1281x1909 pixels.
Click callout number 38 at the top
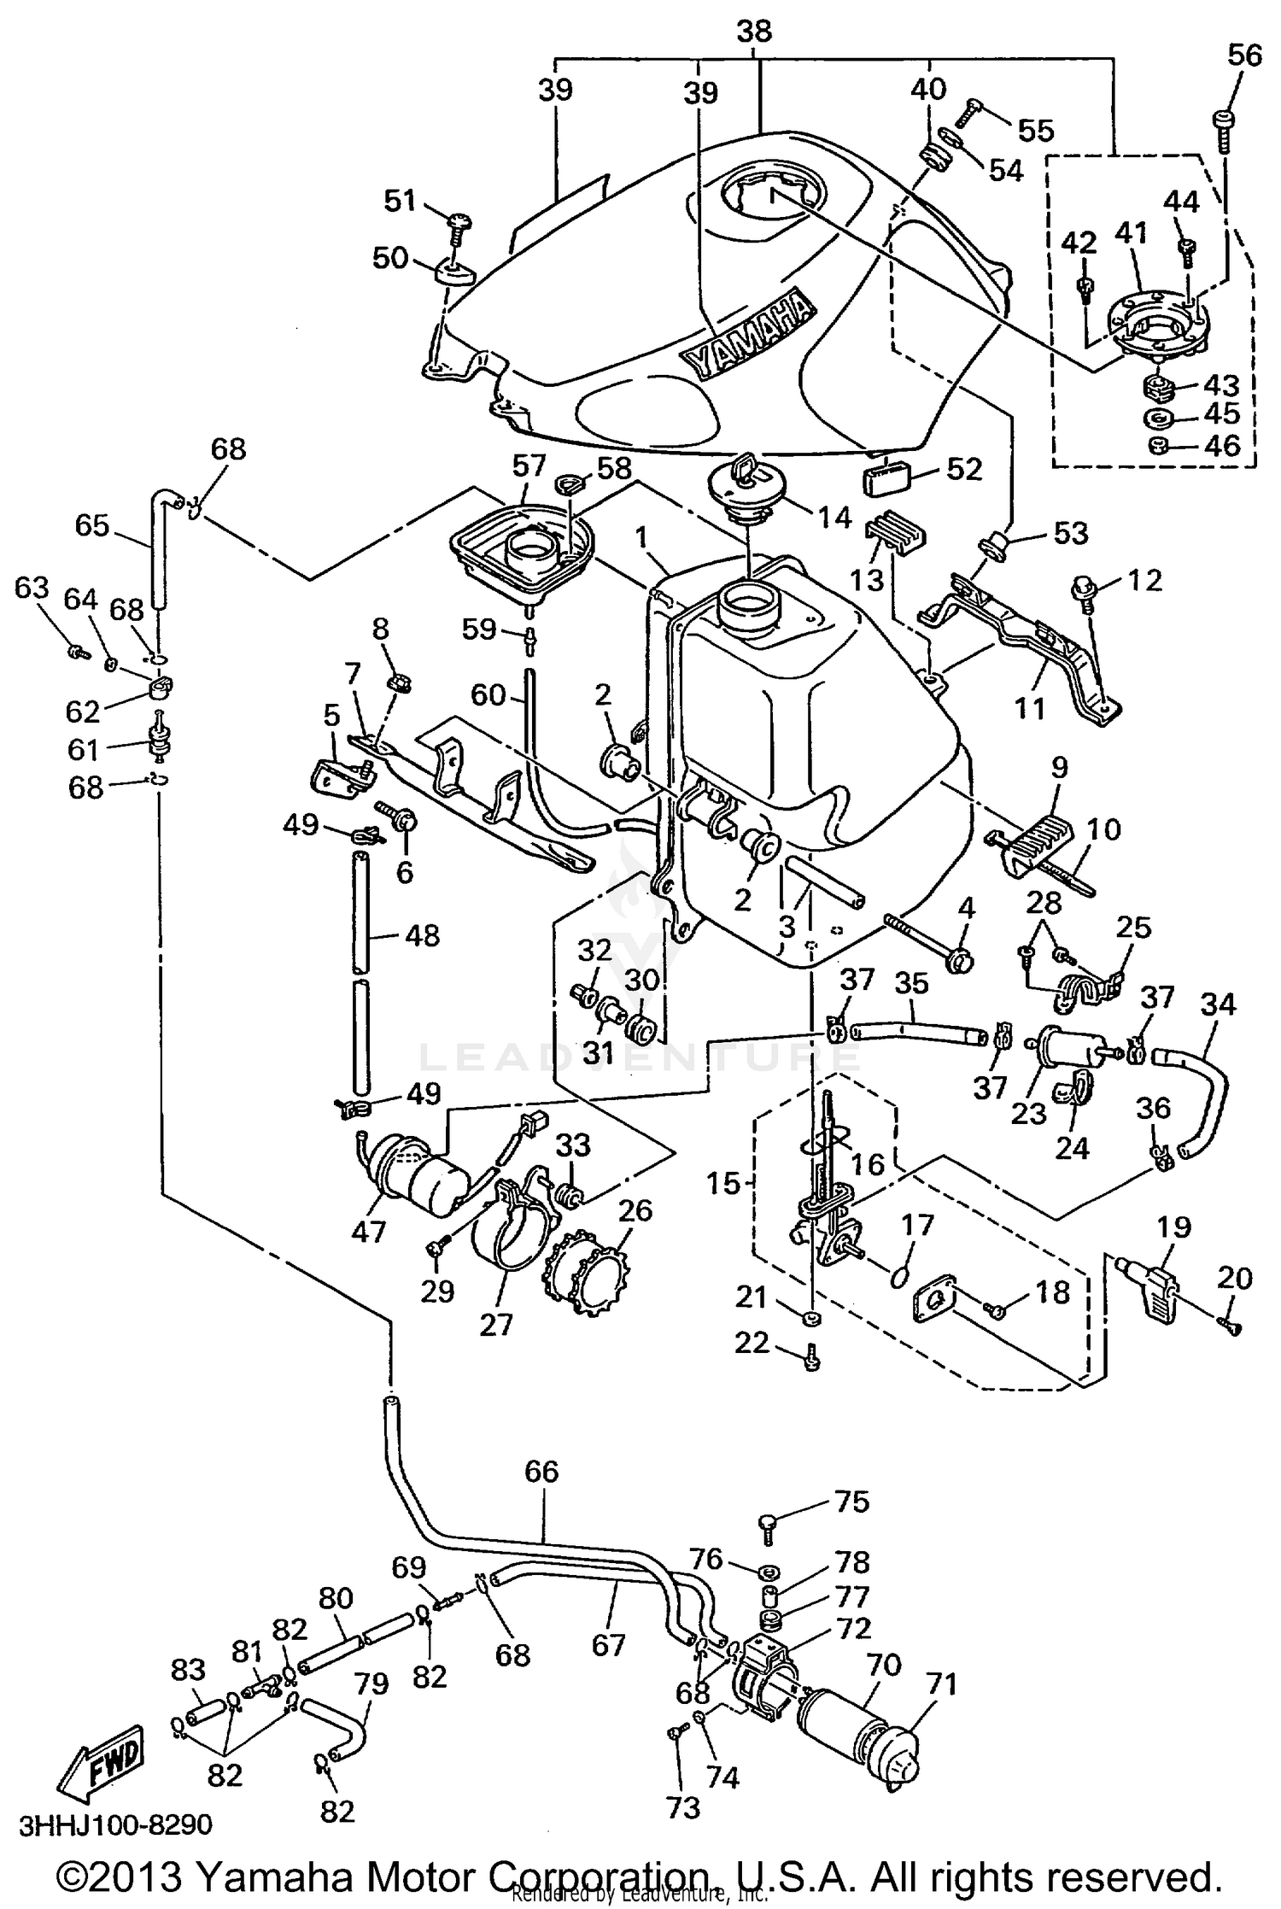753,32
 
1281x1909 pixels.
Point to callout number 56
1244,56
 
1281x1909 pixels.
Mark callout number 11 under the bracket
1030,708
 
